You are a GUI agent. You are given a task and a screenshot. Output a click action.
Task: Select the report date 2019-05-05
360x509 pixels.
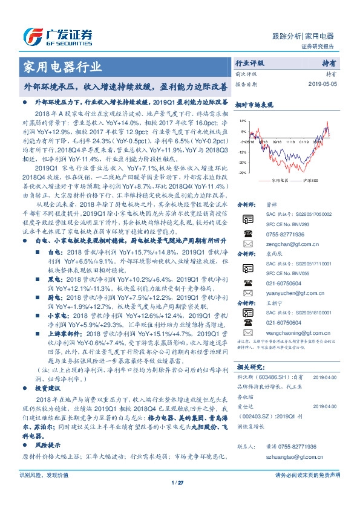pyautogui.click(x=320, y=84)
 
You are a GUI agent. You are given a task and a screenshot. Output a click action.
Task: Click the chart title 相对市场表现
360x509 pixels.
pyautogui.click(x=252, y=105)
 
